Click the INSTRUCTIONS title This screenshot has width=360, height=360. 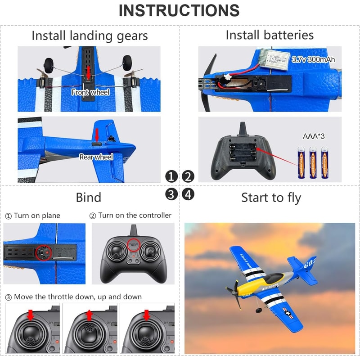pos(179,11)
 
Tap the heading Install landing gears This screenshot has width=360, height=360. pos(90,36)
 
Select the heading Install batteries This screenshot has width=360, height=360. pos(270,35)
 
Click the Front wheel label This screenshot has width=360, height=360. pos(90,92)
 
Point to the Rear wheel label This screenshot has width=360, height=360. pos(96,157)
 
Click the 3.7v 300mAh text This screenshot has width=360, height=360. pos(313,59)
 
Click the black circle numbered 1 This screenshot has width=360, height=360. pos(171,176)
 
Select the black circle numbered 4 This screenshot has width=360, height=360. pos(188,194)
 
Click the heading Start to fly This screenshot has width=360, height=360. pos(271,198)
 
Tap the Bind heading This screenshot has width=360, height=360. pos(88,198)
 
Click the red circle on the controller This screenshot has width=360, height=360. pos(133,244)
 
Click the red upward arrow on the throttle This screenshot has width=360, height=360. pos(89,315)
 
